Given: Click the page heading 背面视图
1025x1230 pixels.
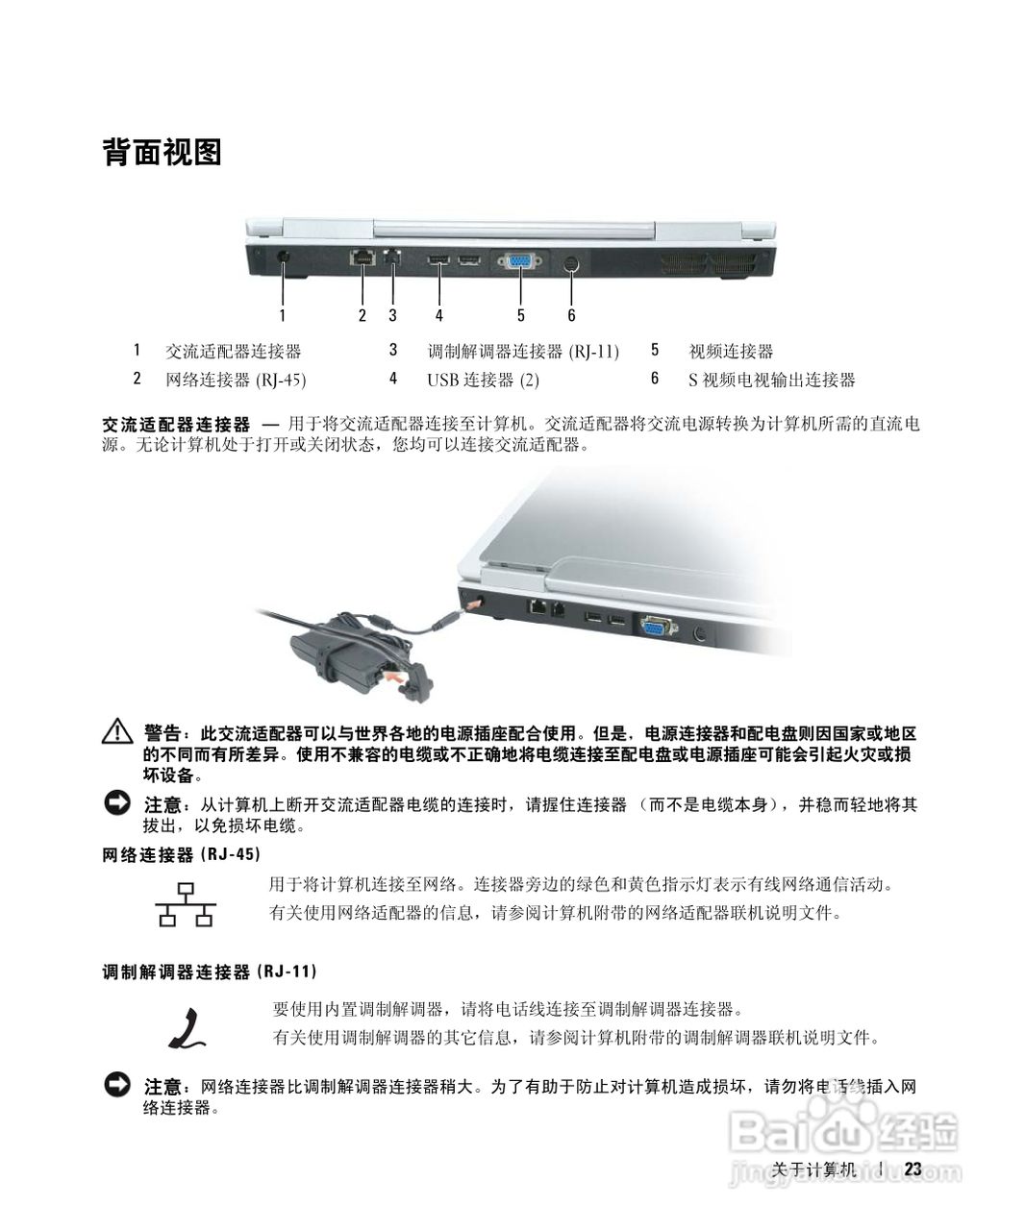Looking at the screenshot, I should click(162, 152).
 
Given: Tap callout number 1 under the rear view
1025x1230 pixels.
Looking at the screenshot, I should click(283, 314).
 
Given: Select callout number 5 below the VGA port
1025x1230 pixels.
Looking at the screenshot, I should click(520, 314).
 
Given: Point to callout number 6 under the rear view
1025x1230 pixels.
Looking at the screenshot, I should click(571, 314).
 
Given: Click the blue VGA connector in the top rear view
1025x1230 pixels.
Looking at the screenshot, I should click(520, 260).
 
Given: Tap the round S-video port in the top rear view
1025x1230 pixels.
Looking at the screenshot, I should click(571, 262).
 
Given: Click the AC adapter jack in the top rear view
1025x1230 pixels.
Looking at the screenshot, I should click(283, 257).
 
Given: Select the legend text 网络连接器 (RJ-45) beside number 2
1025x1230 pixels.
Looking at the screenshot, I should click(236, 380).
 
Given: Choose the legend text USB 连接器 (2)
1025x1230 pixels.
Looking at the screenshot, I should click(483, 380).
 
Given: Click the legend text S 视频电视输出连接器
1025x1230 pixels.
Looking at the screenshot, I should click(771, 380).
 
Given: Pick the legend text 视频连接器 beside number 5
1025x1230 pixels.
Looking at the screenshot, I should click(731, 351).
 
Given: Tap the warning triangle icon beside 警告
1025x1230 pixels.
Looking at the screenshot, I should click(117, 732).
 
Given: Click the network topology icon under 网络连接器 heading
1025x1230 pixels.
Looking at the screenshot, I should click(186, 903).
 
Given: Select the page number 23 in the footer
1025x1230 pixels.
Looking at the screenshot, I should click(912, 1168).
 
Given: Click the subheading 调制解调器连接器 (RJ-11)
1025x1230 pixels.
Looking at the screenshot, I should click(210, 972).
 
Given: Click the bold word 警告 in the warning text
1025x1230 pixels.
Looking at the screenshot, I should click(162, 733).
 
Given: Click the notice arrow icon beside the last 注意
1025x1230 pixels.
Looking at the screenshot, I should click(117, 1085).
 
